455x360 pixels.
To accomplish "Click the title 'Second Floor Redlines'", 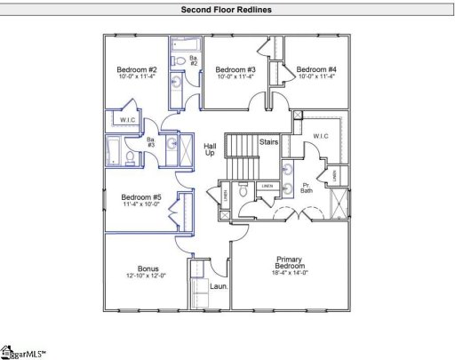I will [x=227, y=10].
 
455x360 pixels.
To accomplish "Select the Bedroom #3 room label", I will [x=235, y=69].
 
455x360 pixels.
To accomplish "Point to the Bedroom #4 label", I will [x=316, y=69].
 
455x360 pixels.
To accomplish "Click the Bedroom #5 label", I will [x=141, y=196].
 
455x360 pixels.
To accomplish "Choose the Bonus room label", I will [x=148, y=268].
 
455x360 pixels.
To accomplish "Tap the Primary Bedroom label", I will [x=289, y=264].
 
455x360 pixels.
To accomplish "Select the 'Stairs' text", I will [x=269, y=141].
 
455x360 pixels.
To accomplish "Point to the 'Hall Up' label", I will [x=210, y=149].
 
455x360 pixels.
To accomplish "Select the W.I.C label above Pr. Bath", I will [x=321, y=136].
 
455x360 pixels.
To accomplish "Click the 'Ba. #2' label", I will [x=194, y=60].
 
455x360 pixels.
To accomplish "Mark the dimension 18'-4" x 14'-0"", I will [x=289, y=275].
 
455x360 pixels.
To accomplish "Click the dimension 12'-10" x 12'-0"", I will [x=148, y=276].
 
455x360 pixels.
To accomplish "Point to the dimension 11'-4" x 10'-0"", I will [x=141, y=204].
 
